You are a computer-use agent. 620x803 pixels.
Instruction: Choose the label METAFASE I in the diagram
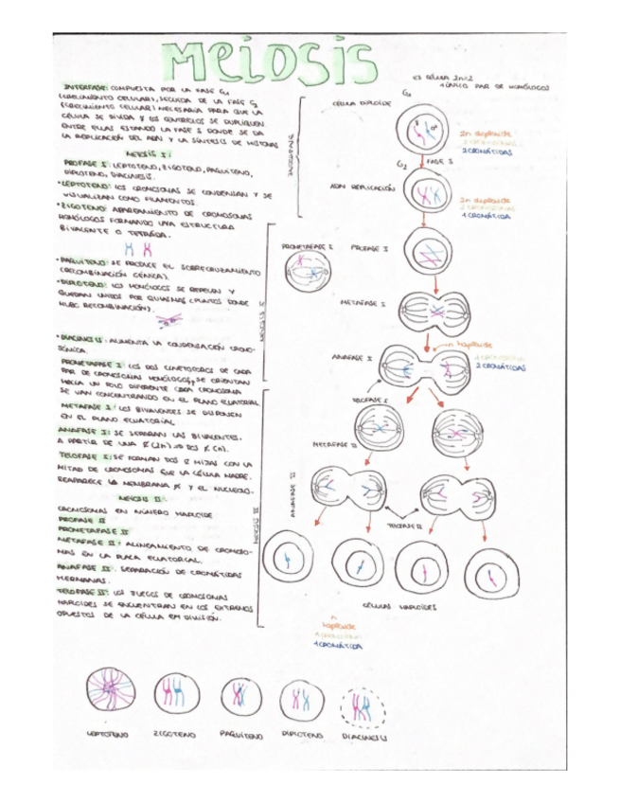coord(362,304)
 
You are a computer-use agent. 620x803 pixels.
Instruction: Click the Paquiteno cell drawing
coord(239,696)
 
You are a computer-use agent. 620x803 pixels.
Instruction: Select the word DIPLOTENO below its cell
coord(302,734)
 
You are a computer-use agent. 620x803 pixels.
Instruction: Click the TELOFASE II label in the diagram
coord(408,523)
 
